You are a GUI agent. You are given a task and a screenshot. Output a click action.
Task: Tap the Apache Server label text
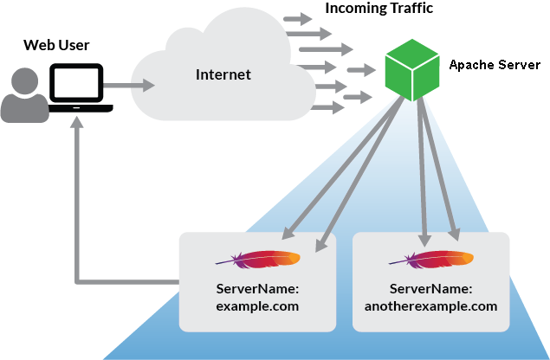(x=494, y=65)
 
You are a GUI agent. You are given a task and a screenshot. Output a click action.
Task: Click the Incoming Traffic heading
(x=379, y=9)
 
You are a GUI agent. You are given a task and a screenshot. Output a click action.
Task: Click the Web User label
(x=55, y=45)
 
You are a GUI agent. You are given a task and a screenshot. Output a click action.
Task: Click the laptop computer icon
(x=80, y=90)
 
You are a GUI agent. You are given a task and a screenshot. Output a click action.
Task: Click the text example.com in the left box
(x=257, y=305)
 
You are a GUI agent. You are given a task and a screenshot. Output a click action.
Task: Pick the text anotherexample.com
(x=430, y=305)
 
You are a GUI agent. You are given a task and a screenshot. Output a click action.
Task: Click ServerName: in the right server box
(x=430, y=288)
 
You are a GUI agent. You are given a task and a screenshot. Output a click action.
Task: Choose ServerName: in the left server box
(x=257, y=288)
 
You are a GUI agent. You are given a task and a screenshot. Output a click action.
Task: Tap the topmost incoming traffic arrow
(x=298, y=19)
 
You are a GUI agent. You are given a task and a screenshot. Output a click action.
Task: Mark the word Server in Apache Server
(x=519, y=65)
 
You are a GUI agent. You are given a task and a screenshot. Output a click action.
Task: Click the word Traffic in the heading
(x=410, y=9)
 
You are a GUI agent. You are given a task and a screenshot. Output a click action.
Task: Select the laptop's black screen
(x=79, y=84)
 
